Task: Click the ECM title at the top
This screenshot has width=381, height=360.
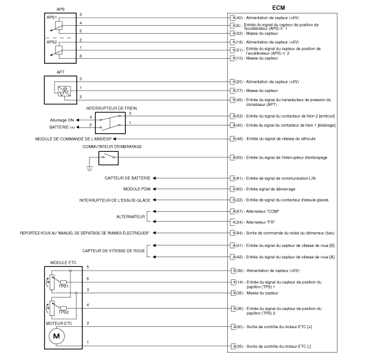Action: (x=279, y=8)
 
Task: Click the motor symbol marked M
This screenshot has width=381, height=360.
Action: (x=56, y=336)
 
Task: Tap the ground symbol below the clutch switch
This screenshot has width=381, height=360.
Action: (x=89, y=168)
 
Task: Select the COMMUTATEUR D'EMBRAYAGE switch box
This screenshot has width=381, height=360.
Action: (x=108, y=158)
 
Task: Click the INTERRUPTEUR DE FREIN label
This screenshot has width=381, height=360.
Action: (x=111, y=108)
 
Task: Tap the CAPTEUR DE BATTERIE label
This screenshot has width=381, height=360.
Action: (x=127, y=178)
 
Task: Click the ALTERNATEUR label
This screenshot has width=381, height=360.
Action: (x=130, y=217)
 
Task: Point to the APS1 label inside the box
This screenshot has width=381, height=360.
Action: (x=51, y=18)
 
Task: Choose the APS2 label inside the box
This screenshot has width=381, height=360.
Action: (x=51, y=42)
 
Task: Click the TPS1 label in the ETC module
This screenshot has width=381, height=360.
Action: (x=64, y=287)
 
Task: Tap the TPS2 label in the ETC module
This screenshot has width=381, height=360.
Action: (x=64, y=312)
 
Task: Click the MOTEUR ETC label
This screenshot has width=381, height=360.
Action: (x=59, y=323)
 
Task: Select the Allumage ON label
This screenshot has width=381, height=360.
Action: (x=62, y=120)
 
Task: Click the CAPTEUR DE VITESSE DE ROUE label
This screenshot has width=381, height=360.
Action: (x=113, y=250)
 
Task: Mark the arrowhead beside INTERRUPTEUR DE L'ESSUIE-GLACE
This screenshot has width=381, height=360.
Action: (x=154, y=200)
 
